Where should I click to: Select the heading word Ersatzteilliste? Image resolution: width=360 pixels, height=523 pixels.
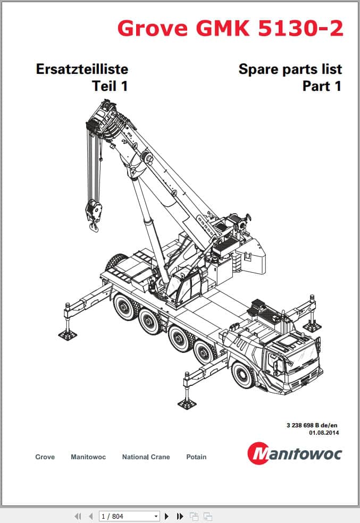tap(82, 69)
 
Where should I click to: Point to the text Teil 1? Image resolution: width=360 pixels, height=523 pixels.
tap(110, 86)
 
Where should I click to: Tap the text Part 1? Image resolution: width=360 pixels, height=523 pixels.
tap(322, 86)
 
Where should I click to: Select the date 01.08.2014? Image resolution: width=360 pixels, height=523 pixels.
tap(324, 433)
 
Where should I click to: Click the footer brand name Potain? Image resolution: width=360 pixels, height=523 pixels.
tap(196, 457)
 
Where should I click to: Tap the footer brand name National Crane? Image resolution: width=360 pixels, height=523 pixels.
tap(146, 457)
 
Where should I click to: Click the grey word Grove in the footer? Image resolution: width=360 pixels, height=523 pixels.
tap(45, 457)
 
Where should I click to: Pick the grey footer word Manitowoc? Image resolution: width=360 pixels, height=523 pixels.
tap(88, 457)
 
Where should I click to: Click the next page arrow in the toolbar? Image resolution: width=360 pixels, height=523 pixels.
tap(167, 516)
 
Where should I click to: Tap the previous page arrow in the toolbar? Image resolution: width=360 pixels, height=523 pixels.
tap(90, 516)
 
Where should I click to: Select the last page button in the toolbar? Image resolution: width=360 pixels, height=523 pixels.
tap(180, 516)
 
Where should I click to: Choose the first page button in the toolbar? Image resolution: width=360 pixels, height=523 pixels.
tap(78, 516)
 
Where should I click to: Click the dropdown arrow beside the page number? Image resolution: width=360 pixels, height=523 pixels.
tap(156, 516)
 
